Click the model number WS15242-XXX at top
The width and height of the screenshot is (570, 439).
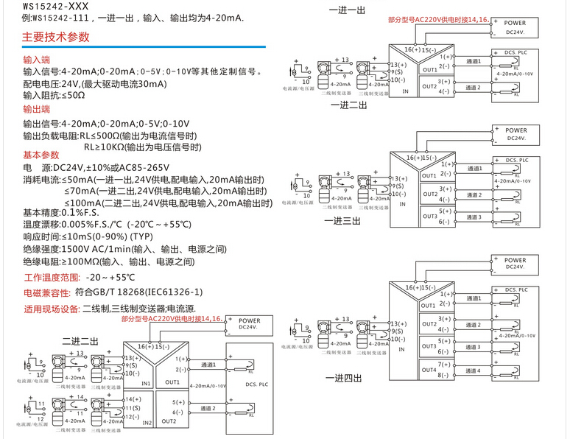pos(50,4)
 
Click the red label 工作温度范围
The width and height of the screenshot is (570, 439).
pos(52,278)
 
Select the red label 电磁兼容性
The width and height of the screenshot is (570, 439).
pos(47,292)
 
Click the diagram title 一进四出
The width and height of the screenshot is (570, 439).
pos(344,378)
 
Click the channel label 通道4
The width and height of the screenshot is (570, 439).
pos(474,370)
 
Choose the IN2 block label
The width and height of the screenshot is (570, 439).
pos(146,423)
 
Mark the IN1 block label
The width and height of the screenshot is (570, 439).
pos(146,383)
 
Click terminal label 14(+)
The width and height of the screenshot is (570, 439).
pos(124,398)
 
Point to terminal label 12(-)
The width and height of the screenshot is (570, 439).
pos(124,418)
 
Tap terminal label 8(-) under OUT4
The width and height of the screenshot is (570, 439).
pos(445,376)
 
